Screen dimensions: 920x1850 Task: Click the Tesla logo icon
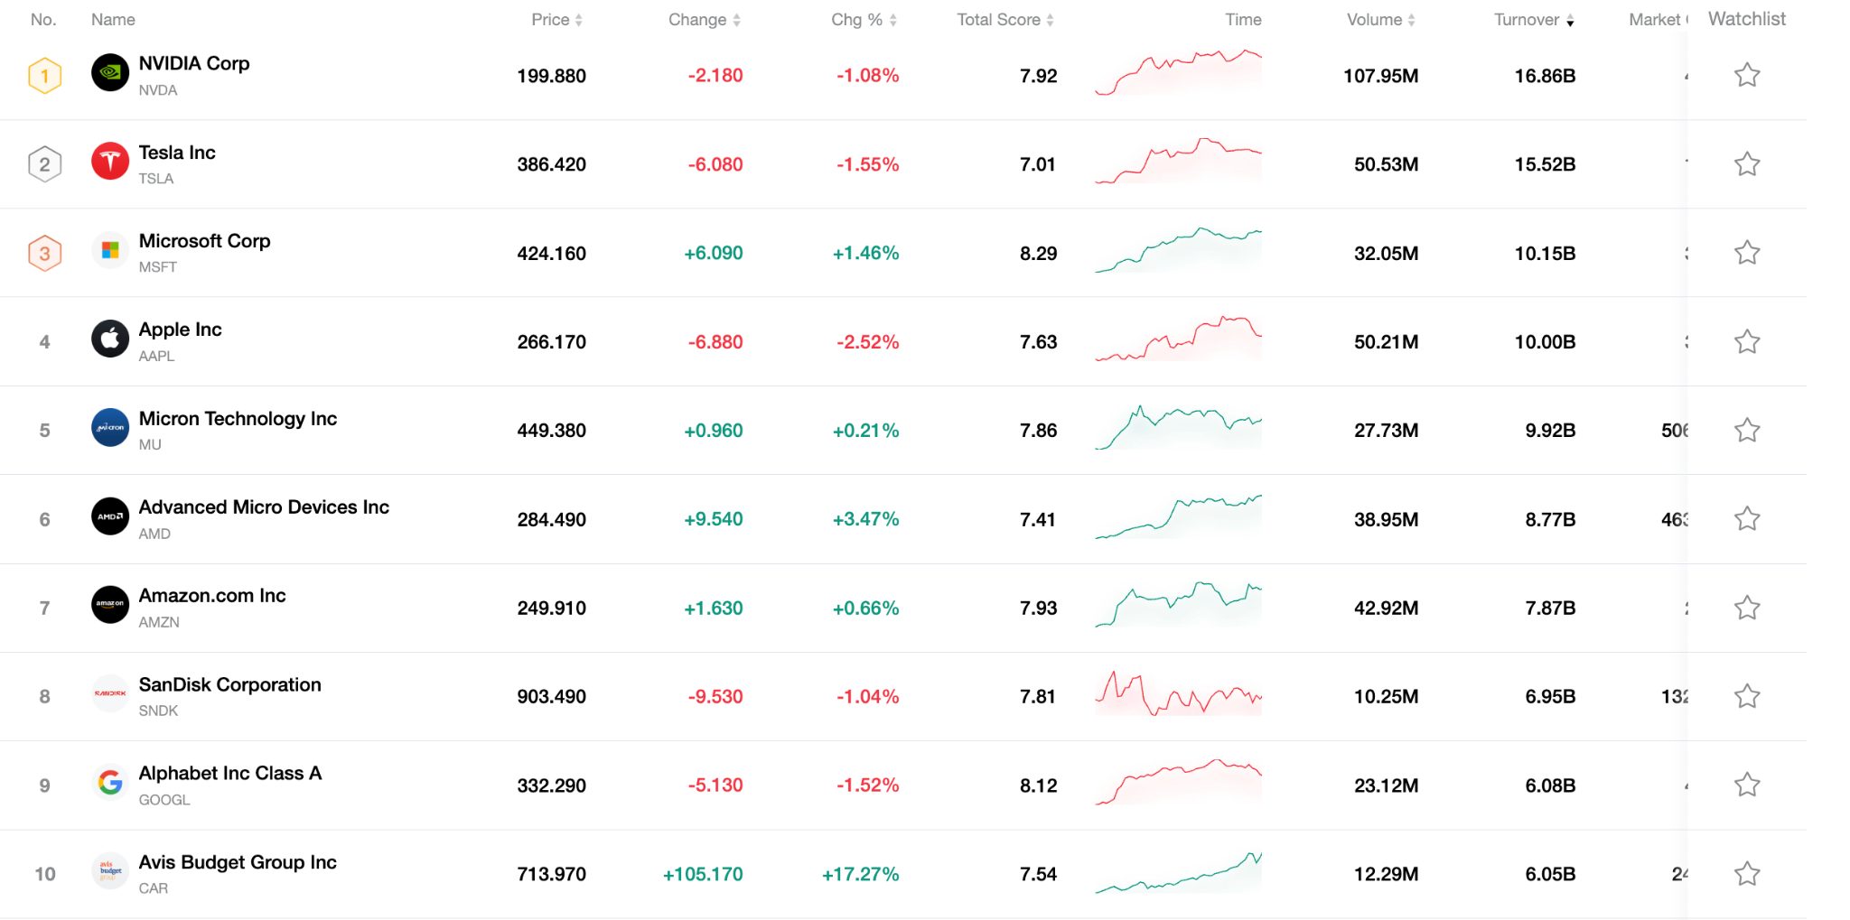click(x=110, y=163)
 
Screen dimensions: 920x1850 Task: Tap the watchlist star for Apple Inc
click(x=1747, y=342)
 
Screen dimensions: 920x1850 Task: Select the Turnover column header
click(x=1527, y=20)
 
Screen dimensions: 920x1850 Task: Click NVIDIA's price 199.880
click(x=551, y=76)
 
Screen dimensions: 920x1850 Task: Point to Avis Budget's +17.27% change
click(x=860, y=874)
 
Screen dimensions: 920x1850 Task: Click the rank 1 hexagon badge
click(x=44, y=76)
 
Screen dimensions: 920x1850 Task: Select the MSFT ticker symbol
click(x=158, y=267)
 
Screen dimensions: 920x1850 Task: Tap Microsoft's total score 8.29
click(x=1038, y=254)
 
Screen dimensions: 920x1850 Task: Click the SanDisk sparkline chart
click(x=1178, y=695)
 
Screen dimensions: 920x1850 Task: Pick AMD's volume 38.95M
click(x=1386, y=520)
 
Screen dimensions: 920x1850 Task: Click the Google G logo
click(x=110, y=783)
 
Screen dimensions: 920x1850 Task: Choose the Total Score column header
click(x=999, y=20)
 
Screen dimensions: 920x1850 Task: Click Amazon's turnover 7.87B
click(x=1550, y=609)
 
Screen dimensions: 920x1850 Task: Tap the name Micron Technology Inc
click(x=238, y=419)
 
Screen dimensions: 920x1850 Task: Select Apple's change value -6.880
click(x=715, y=342)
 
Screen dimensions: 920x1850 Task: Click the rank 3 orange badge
click(x=44, y=254)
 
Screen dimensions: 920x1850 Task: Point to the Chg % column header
click(x=856, y=20)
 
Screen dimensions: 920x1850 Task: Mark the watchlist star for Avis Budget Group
click(x=1747, y=874)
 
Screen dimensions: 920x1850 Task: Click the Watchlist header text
click(x=1746, y=19)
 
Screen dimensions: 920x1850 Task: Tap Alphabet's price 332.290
click(x=551, y=785)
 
